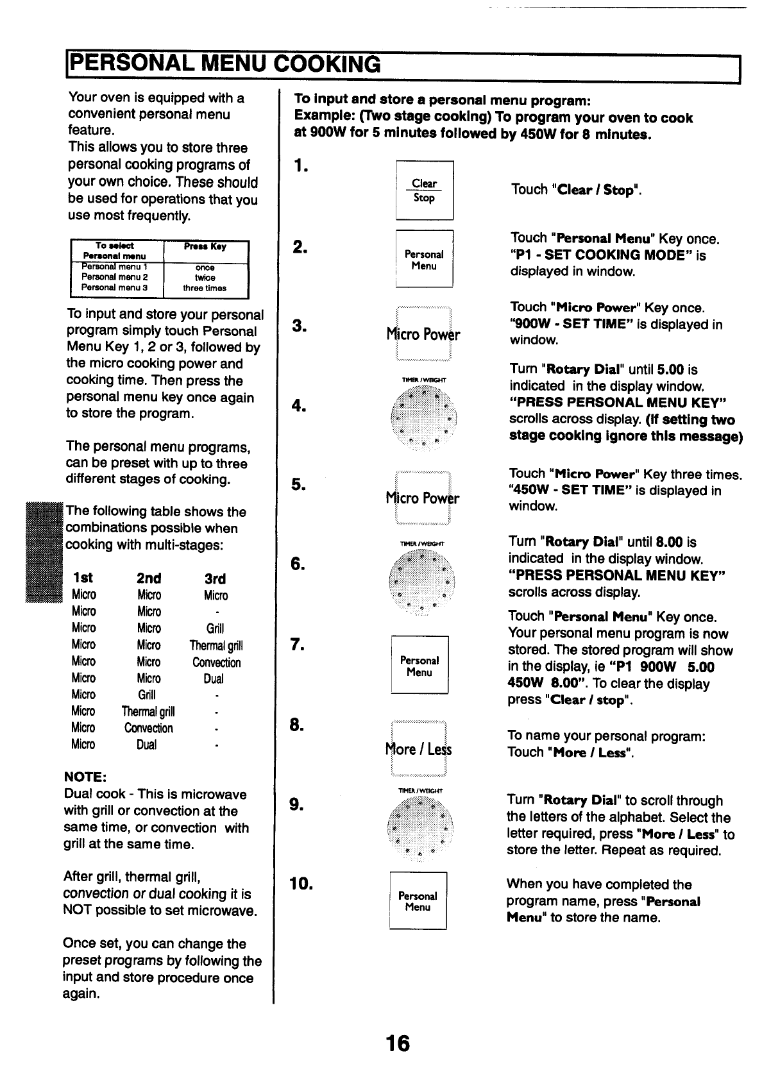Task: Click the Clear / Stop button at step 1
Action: [424, 190]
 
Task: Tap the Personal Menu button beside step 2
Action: [424, 259]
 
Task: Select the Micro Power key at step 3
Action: [423, 335]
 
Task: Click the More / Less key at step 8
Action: [419, 749]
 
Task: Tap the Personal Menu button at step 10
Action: [418, 901]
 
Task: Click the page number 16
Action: [398, 1043]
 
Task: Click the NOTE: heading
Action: [85, 777]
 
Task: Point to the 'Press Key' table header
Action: [205, 247]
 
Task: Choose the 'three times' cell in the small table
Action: [205, 289]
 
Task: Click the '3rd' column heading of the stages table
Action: [215, 578]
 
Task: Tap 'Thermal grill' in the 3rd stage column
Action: [216, 646]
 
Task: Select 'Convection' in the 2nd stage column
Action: [149, 729]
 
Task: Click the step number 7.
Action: [296, 645]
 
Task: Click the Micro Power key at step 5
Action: [423, 498]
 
